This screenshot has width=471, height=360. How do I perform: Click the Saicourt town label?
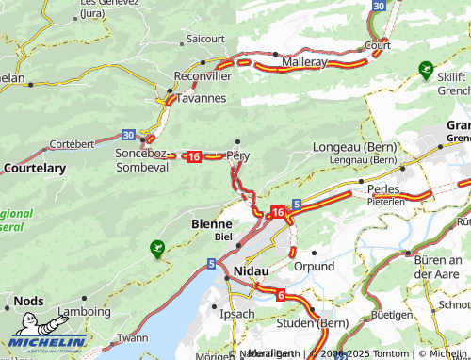pyautogui.click(x=205, y=39)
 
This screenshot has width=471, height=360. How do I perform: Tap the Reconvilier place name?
pyautogui.click(x=203, y=75)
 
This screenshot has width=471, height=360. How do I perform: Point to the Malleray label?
pyautogui.click(x=300, y=61)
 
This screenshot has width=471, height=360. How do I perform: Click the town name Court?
pyautogui.click(x=378, y=44)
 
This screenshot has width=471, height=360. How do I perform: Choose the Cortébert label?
pyautogui.click(x=72, y=144)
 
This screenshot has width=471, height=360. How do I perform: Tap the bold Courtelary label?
pyautogui.click(x=35, y=168)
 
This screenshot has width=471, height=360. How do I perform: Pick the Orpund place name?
pyautogui.click(x=314, y=267)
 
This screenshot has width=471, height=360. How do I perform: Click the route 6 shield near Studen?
pyautogui.click(x=281, y=295)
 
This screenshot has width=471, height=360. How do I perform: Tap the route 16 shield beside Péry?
pyautogui.click(x=193, y=156)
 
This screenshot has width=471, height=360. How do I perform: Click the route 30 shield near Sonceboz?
pyautogui.click(x=128, y=136)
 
